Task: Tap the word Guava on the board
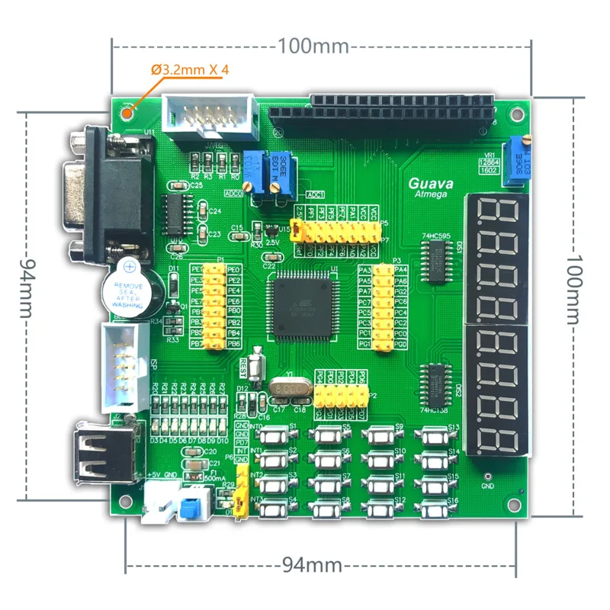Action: [x=431, y=183]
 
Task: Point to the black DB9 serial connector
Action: [x=114, y=194]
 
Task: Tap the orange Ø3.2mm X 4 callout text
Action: [x=191, y=70]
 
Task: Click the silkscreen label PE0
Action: [x=234, y=270]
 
